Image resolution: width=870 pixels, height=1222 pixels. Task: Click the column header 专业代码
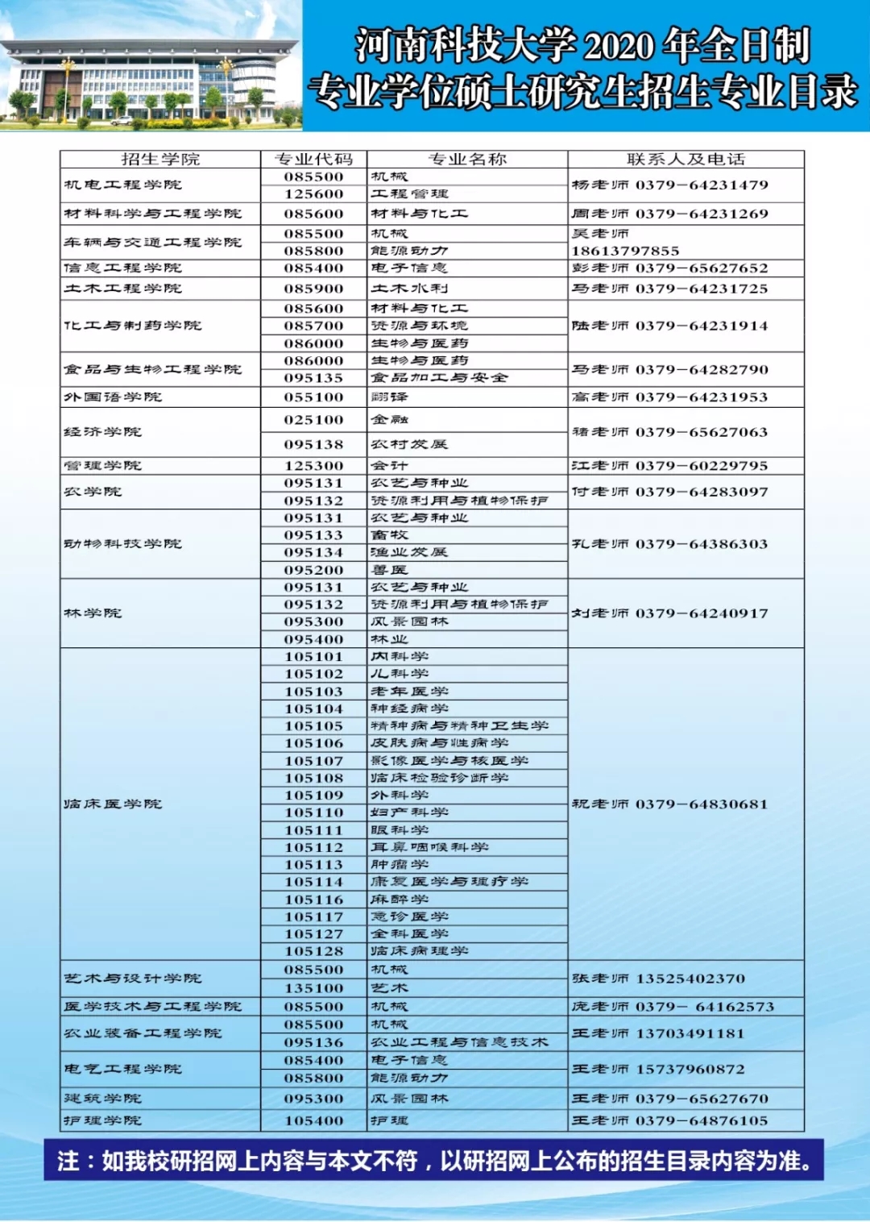click(313, 160)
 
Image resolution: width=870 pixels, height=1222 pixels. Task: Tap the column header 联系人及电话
click(686, 160)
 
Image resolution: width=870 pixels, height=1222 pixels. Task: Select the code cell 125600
click(313, 194)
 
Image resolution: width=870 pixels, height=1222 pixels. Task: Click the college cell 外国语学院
click(113, 397)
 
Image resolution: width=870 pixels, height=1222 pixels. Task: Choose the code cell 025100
click(313, 420)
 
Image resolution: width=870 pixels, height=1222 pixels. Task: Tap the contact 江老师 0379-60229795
click(669, 466)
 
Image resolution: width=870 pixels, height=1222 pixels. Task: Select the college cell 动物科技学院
click(122, 544)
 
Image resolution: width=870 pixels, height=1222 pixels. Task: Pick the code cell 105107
click(313, 761)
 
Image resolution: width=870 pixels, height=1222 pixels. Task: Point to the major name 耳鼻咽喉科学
click(429, 847)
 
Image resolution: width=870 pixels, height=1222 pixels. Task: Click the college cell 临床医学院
click(113, 804)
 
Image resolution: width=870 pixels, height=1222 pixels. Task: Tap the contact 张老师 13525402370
click(658, 979)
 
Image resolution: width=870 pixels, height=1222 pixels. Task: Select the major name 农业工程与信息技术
click(459, 1042)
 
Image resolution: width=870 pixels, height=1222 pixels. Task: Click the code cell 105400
click(313, 1121)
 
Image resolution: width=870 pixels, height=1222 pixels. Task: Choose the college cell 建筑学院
click(102, 1099)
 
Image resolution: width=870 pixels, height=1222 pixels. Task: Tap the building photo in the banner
click(151, 66)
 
